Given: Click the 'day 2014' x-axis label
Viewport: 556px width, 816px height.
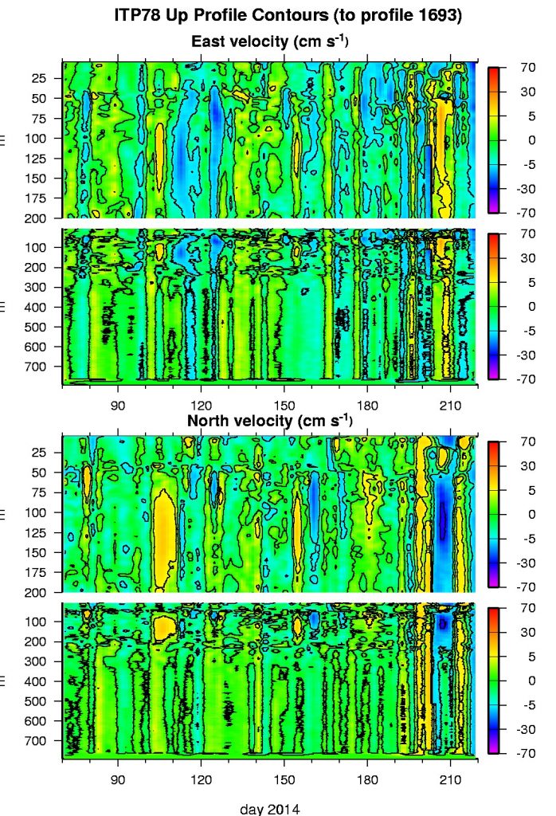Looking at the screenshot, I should pos(270,809).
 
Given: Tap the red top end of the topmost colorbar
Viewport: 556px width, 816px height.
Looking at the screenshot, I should pos(494,71).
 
